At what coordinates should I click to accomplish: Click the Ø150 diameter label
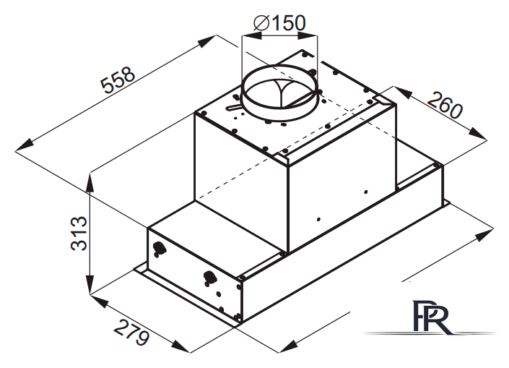pyautogui.click(x=279, y=23)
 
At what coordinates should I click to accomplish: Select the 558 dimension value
pyautogui.click(x=118, y=80)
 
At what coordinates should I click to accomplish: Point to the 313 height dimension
pyautogui.click(x=79, y=233)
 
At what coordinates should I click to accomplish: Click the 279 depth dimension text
pyautogui.click(x=132, y=333)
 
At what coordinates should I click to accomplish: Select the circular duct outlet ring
pyautogui.click(x=279, y=93)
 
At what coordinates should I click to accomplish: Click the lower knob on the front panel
pyautogui.click(x=210, y=278)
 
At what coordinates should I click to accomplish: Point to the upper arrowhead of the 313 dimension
pyautogui.click(x=90, y=182)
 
